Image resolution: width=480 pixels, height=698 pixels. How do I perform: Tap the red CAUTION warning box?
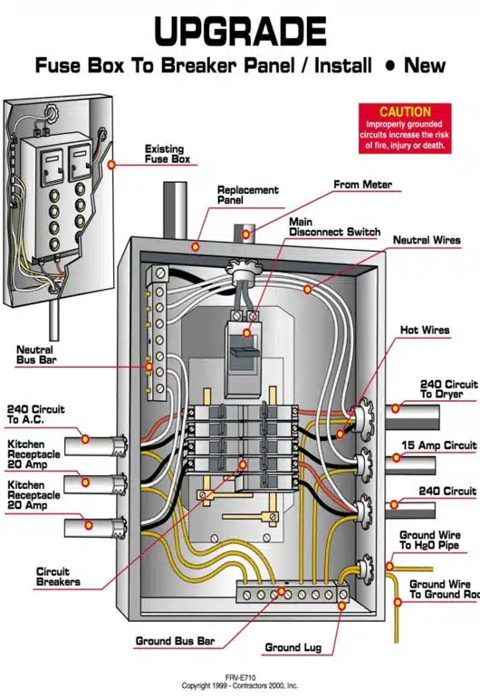pos(404,128)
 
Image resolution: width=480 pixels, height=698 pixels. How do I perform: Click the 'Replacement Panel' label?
pos(247,196)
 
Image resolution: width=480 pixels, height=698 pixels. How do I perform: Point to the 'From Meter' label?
pos(362,185)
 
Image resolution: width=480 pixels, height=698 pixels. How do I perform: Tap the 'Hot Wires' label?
pos(426,330)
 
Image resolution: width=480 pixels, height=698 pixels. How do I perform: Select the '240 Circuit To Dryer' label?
pos(447,389)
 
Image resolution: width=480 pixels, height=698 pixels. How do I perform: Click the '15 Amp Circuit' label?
pos(437,445)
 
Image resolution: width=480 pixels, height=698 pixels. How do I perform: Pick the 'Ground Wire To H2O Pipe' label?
pos(430,540)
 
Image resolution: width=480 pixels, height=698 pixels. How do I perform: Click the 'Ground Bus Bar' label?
pos(175,641)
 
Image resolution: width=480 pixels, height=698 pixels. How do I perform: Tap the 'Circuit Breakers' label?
pos(58,577)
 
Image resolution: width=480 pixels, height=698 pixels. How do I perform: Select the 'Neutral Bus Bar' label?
pos(34,355)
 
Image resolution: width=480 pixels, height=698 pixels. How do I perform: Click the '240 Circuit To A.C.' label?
pos(36,415)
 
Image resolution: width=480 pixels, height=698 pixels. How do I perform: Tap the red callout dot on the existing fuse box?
pos(110,165)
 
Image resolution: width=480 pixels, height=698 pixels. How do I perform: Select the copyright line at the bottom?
pos(240,685)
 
